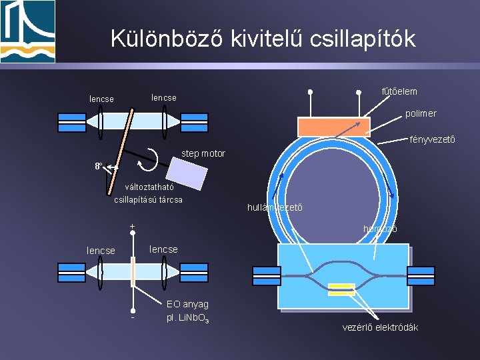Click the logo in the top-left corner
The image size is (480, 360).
coord(28,31)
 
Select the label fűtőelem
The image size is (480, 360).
coord(399,91)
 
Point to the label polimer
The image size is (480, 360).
coord(421,113)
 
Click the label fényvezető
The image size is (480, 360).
coord(433,139)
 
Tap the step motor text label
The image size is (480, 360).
coord(203,154)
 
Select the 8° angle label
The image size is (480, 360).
coord(99,165)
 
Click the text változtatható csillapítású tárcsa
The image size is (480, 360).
coord(149,193)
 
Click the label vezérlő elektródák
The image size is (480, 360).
coord(380,327)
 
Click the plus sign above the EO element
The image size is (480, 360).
coord(133,227)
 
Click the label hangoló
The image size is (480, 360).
coord(380,229)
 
